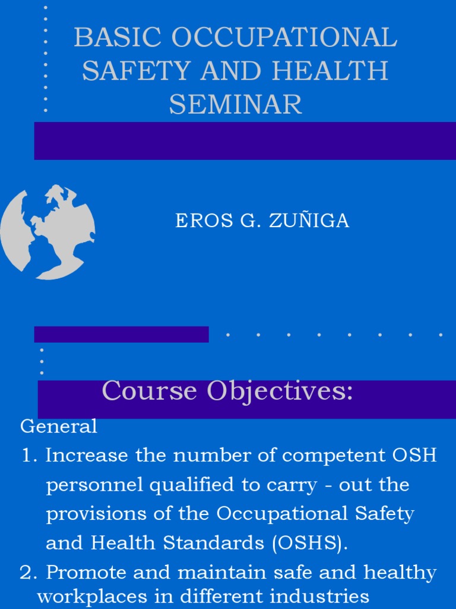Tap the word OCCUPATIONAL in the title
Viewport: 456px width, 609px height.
pyautogui.click(x=284, y=38)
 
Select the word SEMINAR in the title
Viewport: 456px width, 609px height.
pyautogui.click(x=236, y=105)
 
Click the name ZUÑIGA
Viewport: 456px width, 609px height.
pyautogui.click(x=309, y=221)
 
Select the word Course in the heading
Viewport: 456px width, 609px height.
pyautogui.click(x=149, y=391)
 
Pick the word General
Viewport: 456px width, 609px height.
pyautogui.click(x=59, y=426)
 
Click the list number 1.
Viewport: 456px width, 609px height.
pyautogui.click(x=28, y=456)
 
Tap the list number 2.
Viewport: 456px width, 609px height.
pyautogui.click(x=28, y=573)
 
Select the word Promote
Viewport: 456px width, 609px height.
pyautogui.click(x=87, y=573)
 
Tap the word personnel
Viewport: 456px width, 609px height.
pyautogui.click(x=95, y=485)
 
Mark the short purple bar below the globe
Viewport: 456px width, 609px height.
pyautogui.click(x=121, y=334)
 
